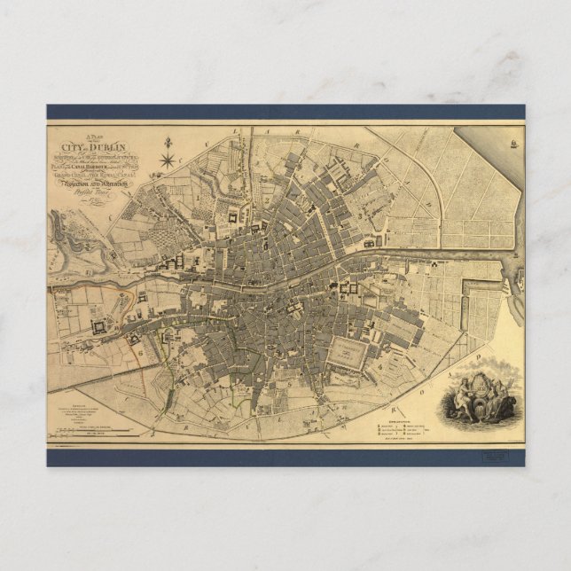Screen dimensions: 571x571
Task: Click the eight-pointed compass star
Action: [168, 160]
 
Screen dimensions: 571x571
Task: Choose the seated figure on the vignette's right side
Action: [505, 395]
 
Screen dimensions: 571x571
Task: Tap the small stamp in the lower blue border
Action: [494, 457]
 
